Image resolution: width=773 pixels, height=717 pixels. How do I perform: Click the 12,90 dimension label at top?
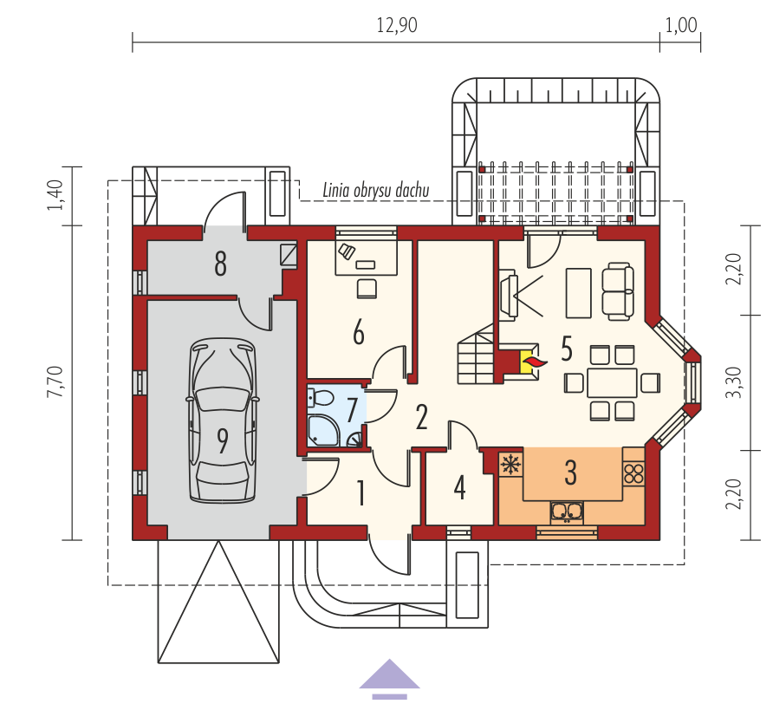pyautogui.click(x=397, y=26)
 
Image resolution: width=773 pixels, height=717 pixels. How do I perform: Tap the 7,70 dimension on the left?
pyautogui.click(x=55, y=381)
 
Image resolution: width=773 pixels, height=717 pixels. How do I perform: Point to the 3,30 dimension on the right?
pyautogui.click(x=734, y=382)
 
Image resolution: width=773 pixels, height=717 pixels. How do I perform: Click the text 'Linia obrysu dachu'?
pyautogui.click(x=375, y=191)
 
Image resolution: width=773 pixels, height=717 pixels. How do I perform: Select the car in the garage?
pyautogui.click(x=223, y=420)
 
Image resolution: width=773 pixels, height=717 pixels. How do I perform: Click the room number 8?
pyautogui.click(x=220, y=264)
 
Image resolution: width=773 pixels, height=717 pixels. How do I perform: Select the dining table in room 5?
pyautogui.click(x=612, y=382)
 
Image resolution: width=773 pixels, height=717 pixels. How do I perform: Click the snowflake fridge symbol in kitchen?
pyautogui.click(x=511, y=464)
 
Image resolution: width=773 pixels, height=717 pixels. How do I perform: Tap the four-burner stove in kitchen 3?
pyautogui.click(x=633, y=473)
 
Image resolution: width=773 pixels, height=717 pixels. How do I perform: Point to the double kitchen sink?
pyautogui.click(x=567, y=513)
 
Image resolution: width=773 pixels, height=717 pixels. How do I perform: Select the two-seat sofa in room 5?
pyautogui.click(x=618, y=291)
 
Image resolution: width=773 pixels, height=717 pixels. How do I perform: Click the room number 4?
pyautogui.click(x=460, y=488)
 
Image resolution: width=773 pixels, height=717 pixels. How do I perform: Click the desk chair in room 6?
pyautogui.click(x=367, y=289)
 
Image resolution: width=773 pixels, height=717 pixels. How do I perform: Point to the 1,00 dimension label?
pyautogui.click(x=681, y=26)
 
